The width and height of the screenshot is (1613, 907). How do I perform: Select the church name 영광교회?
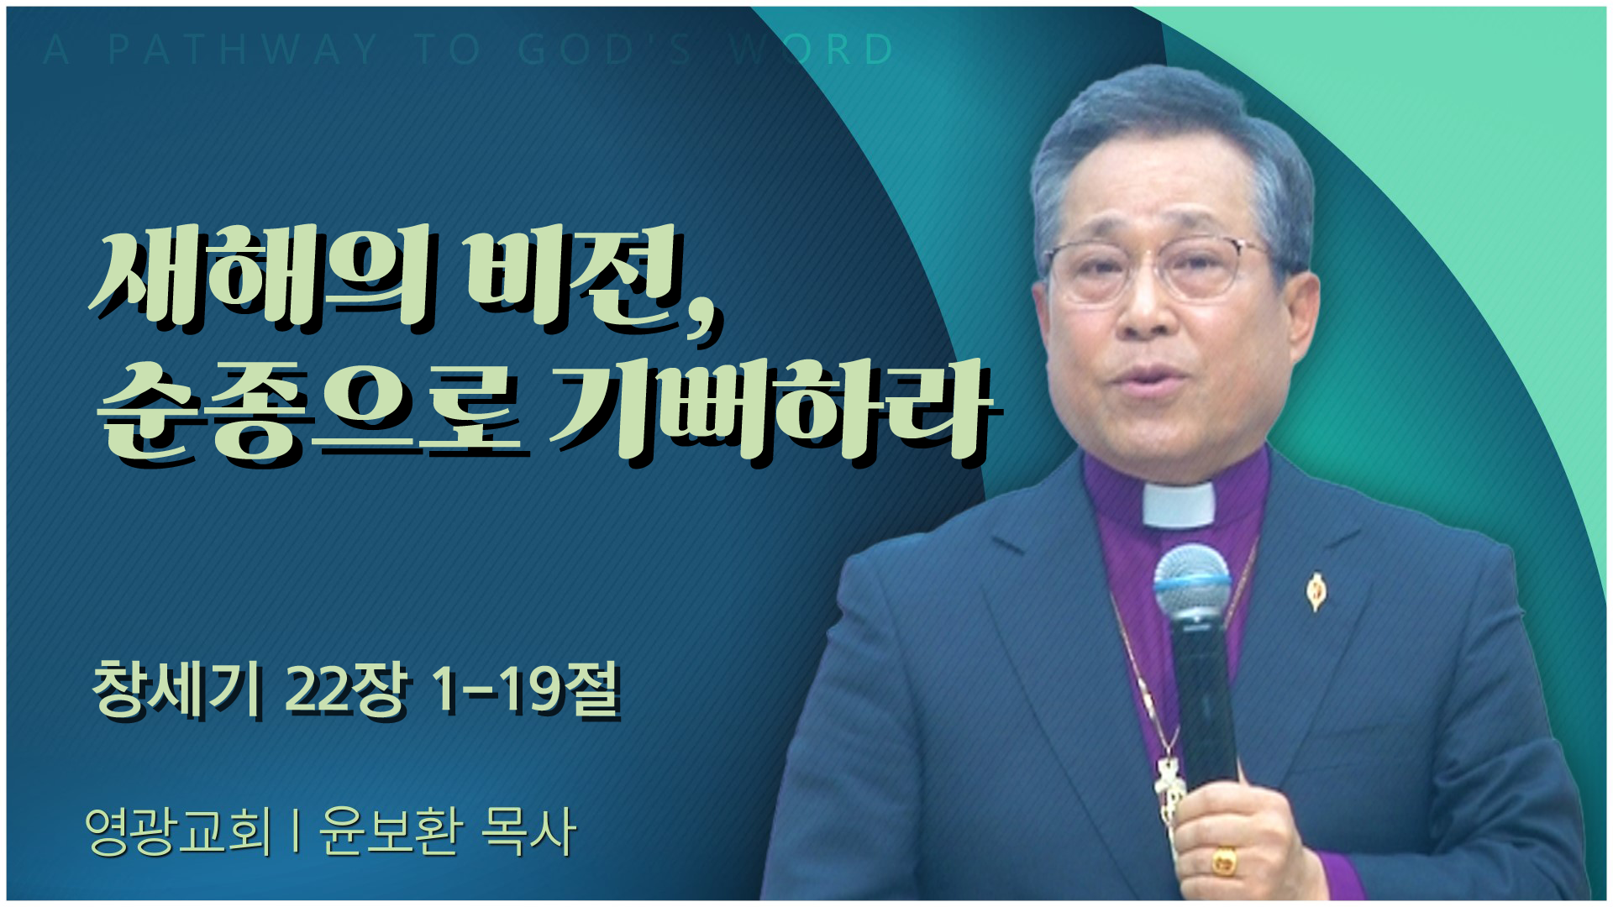(178, 831)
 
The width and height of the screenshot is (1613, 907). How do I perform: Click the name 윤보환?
(390, 831)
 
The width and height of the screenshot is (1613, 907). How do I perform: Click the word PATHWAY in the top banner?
(244, 50)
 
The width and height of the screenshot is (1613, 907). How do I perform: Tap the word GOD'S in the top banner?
(605, 50)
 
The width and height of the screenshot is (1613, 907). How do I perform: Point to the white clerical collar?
(1179, 504)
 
